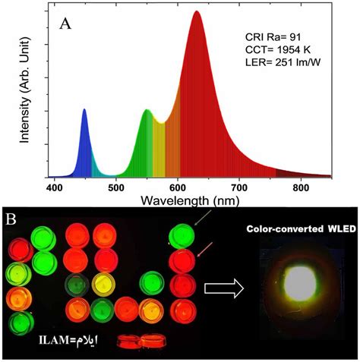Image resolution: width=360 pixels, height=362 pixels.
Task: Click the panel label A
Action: point(66,23)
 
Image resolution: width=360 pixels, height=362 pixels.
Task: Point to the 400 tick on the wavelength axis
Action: point(54,187)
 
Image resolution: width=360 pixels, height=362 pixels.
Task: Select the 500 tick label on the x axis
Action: point(115,187)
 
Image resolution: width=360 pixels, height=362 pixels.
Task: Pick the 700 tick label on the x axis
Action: point(239,187)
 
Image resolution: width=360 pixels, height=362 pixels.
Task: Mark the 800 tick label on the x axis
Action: point(302,187)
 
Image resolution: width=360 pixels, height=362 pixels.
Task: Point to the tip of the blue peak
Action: point(84,110)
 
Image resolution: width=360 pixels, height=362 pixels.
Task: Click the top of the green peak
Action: point(147,111)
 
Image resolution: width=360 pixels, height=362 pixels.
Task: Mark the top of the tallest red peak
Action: point(197,12)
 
